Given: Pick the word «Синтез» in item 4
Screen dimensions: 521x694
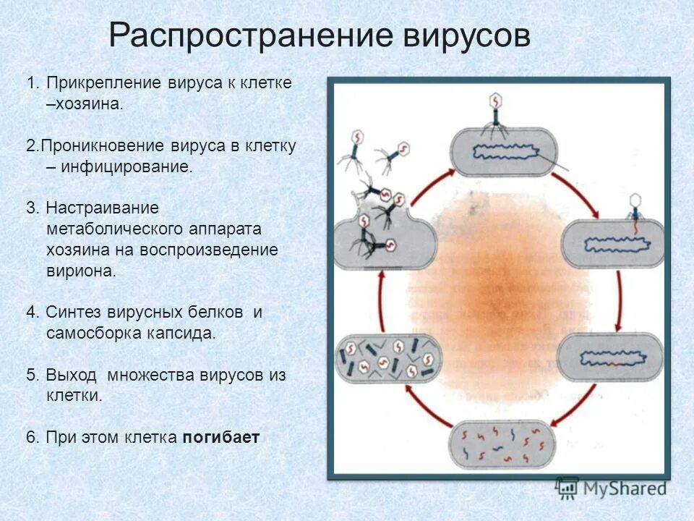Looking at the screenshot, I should coord(74,313).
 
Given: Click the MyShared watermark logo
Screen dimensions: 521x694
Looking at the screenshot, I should coord(611,488).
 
